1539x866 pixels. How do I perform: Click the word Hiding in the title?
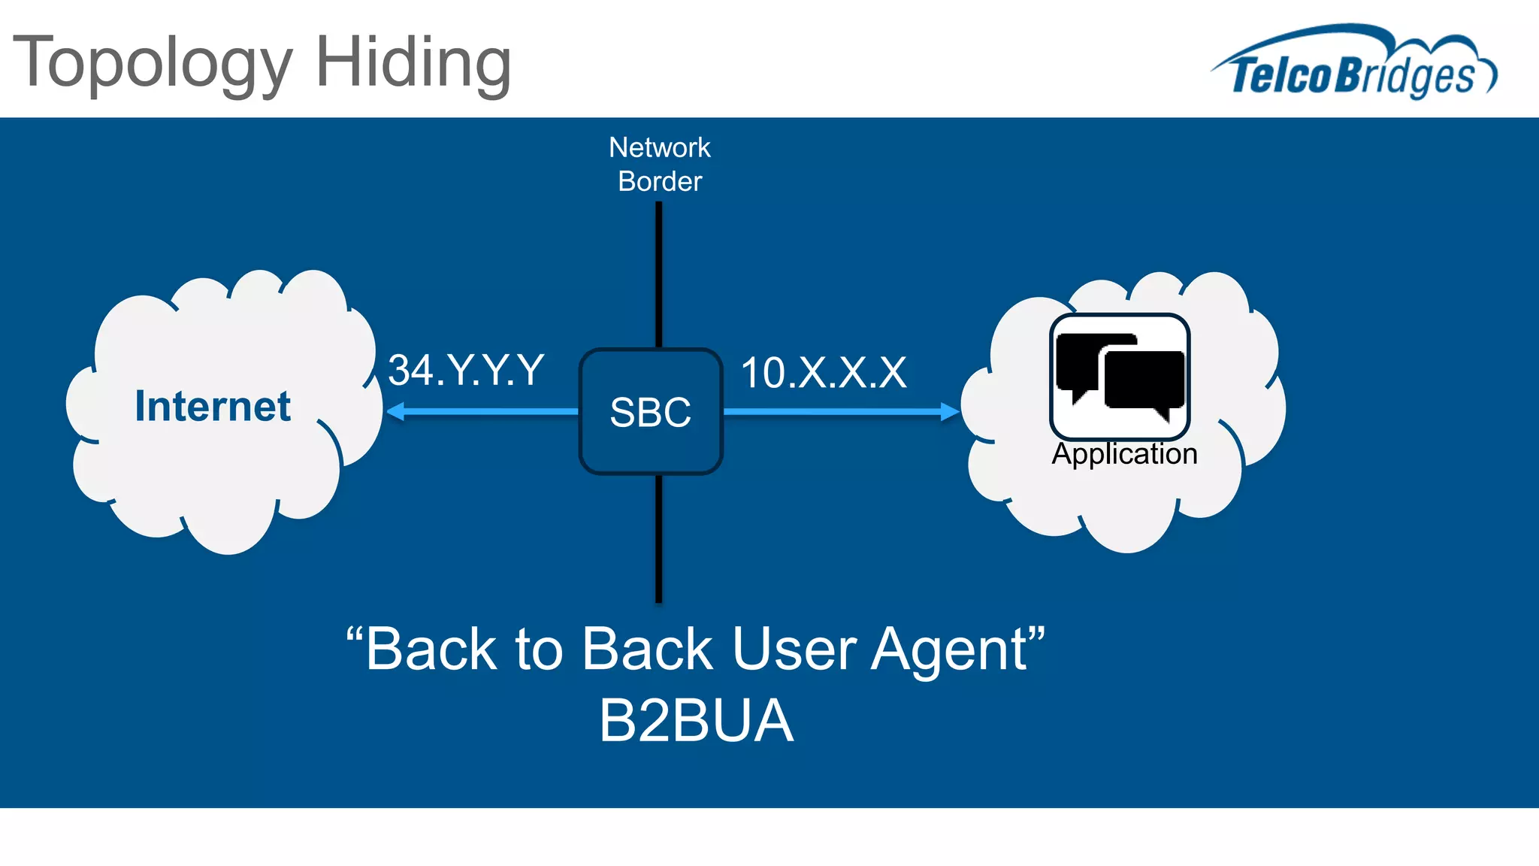coord(413,63)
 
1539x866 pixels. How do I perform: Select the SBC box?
coord(650,412)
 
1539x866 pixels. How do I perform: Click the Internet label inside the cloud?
coord(213,407)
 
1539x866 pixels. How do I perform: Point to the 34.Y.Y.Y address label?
coord(466,371)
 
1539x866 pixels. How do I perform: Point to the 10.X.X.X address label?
coord(824,373)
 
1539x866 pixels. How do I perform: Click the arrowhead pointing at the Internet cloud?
coord(395,411)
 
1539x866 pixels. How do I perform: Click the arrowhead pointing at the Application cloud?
coord(950,411)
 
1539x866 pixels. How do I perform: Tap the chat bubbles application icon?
coord(1120,377)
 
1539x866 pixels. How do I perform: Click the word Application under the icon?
coord(1124,454)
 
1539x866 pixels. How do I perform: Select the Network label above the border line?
coord(659,147)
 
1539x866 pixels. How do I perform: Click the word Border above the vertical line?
coord(659,181)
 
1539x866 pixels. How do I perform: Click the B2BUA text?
coord(696,721)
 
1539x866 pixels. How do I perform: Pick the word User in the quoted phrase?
coord(794,649)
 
